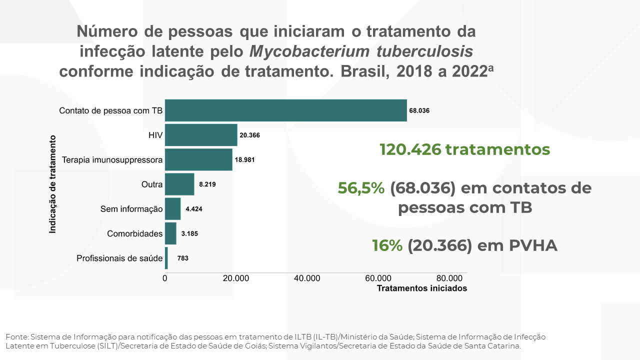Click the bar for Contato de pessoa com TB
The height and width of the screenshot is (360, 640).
point(285,110)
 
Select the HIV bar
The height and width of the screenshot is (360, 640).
point(201,135)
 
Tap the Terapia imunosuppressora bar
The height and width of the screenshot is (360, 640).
point(198,159)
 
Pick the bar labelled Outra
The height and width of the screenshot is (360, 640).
point(179,184)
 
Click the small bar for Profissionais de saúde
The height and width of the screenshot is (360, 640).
point(166,258)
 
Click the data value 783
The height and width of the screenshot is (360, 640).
point(182,258)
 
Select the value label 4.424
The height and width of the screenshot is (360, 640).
point(194,209)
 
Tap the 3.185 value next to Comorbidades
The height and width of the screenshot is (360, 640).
point(189,233)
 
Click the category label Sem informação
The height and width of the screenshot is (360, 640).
point(131,209)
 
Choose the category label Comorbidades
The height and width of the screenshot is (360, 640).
point(135,233)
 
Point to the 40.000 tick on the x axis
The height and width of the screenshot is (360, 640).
point(307,278)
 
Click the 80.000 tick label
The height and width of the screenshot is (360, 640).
point(449,278)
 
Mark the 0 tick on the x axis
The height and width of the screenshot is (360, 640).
point(165,278)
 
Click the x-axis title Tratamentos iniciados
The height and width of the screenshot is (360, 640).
point(421,288)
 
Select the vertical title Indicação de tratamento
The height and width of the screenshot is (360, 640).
point(52,184)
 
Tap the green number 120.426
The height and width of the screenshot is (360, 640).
point(410,149)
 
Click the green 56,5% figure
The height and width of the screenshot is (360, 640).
point(361,188)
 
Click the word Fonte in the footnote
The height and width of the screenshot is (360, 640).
point(17,337)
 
